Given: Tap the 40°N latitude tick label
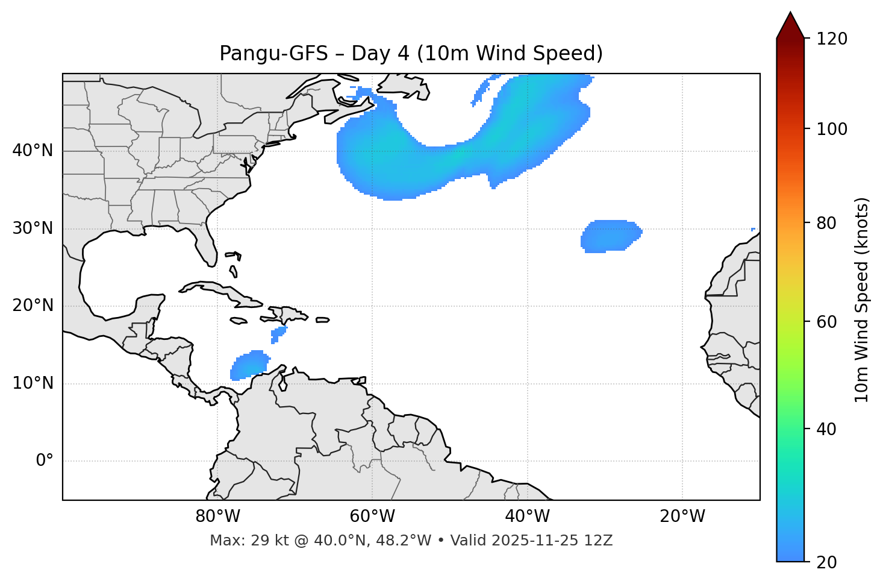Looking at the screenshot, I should (x=33, y=151).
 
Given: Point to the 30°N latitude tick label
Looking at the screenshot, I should (x=33, y=228).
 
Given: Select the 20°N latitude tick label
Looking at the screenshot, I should (x=33, y=306).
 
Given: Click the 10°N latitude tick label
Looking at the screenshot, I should (x=33, y=383).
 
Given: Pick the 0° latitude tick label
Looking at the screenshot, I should (x=45, y=461).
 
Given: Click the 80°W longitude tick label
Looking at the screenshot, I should (x=217, y=516).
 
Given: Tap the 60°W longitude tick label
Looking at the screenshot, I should (x=372, y=516).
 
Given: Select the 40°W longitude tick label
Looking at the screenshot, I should (x=527, y=516).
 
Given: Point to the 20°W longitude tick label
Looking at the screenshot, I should (x=682, y=516).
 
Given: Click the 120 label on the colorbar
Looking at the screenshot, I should (x=831, y=39).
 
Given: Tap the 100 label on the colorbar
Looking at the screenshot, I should (x=831, y=129).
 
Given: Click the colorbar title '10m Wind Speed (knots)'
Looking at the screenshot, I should (x=862, y=300).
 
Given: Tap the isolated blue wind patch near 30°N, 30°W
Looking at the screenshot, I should (x=610, y=236).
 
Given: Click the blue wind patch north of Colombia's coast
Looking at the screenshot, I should (x=250, y=365).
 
